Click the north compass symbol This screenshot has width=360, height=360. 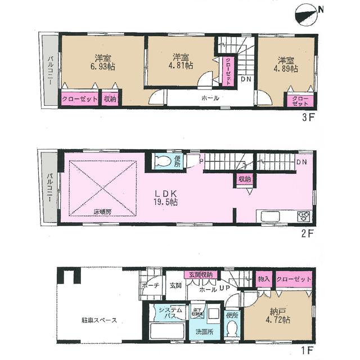pyautogui.click(x=306, y=13)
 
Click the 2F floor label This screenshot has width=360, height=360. pyautogui.click(x=307, y=230)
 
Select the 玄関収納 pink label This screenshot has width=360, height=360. pyautogui.click(x=201, y=274)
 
